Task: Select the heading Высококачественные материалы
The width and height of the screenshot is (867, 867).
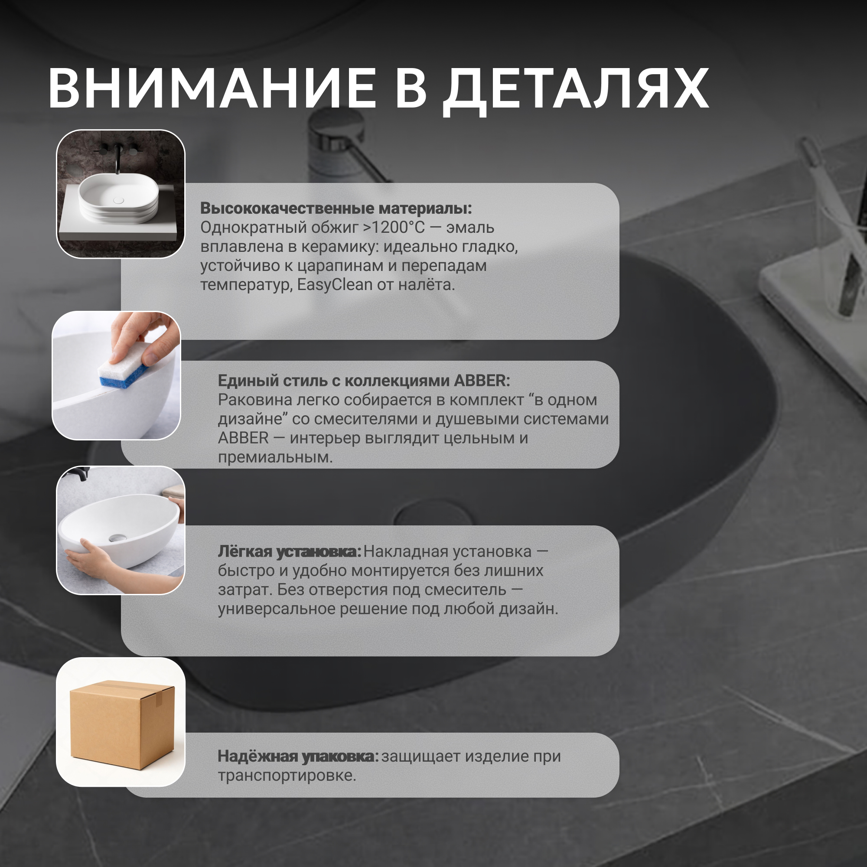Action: [x=336, y=208]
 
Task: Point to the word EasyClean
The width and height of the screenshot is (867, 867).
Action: [x=335, y=284]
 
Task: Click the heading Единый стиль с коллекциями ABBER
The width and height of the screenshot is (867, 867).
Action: [x=364, y=381]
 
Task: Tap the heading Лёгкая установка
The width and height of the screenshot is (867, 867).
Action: [x=290, y=551]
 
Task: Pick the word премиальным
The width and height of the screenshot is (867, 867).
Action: [x=275, y=458]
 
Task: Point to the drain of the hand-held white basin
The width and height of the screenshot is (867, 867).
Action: [x=117, y=537]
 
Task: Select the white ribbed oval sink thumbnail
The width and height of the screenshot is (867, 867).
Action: [x=118, y=199]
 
